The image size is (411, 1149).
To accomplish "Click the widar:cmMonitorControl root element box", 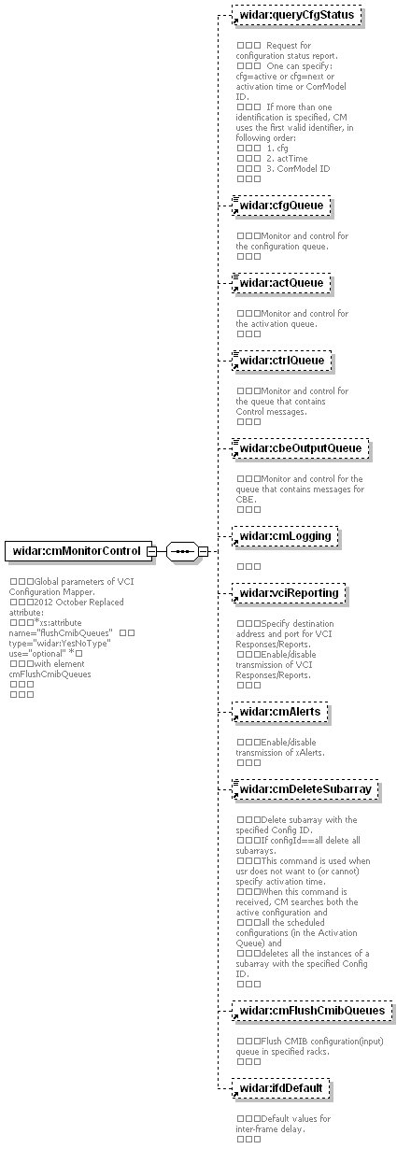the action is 78,551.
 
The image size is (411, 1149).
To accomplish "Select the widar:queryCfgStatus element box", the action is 297,15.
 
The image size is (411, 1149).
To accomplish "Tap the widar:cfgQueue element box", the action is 281,206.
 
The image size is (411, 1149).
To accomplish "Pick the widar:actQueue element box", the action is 281,283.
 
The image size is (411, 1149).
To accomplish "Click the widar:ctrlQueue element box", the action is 282,361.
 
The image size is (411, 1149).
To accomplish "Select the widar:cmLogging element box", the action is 285,536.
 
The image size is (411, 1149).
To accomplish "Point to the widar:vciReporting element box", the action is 289,593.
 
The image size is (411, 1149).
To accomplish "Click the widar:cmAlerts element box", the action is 279,712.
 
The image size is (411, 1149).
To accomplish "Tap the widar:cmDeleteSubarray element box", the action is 305,789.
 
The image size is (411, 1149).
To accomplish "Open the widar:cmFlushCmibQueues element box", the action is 312,1011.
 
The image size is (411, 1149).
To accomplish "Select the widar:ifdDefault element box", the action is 280,1088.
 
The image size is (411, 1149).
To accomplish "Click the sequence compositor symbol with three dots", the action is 182,551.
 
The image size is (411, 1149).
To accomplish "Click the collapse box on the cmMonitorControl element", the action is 152,551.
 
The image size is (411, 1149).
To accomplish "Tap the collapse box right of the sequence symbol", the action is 204,551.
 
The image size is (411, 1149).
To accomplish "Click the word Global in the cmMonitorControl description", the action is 46,582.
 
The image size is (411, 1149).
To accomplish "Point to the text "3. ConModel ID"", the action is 298,169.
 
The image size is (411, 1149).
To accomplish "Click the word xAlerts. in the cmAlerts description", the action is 308,753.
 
